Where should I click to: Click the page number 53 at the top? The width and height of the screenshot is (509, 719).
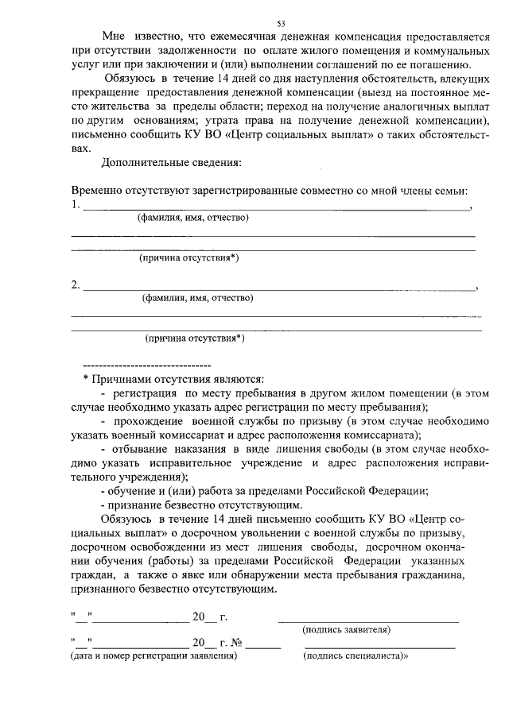pos(281,23)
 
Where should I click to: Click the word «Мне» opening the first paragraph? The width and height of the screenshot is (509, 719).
pos(115,36)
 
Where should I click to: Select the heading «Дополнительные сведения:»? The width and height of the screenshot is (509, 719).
pos(171,164)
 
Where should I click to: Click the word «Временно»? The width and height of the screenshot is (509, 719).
pos(98,192)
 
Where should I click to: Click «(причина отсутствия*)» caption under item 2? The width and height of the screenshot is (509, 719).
pos(194,338)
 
